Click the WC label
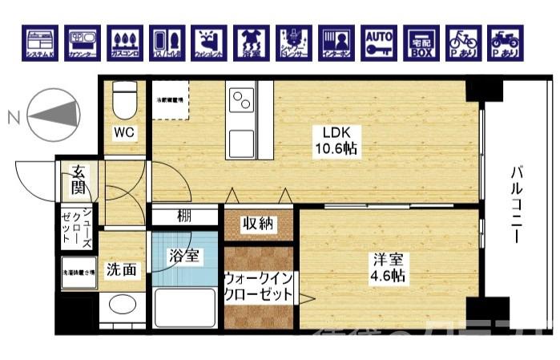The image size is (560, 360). [123, 131]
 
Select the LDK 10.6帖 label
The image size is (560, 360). [340, 140]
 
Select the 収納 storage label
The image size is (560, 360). [259, 224]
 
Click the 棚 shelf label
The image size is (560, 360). [184, 216]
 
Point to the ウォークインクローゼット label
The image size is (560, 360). [260, 286]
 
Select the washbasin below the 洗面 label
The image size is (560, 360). [123, 305]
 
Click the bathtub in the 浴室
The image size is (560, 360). [186, 308]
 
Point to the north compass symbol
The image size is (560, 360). [52, 115]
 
